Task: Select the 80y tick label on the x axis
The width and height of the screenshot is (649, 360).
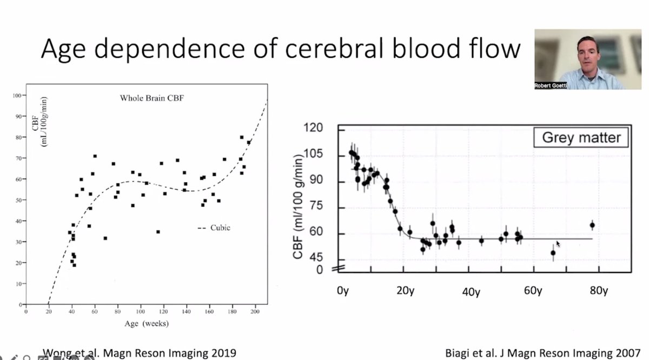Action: pyautogui.click(x=598, y=291)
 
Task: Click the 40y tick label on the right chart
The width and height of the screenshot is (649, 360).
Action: pyautogui.click(x=471, y=292)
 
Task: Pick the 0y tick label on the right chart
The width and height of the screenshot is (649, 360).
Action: pyautogui.click(x=343, y=291)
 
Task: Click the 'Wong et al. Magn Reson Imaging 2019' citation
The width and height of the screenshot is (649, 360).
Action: pyautogui.click(x=139, y=353)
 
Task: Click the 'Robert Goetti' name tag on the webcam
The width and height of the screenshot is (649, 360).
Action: pyautogui.click(x=551, y=85)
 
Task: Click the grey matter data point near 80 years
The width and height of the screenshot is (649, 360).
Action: pyautogui.click(x=592, y=225)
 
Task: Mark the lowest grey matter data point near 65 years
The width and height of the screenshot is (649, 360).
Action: pyautogui.click(x=553, y=252)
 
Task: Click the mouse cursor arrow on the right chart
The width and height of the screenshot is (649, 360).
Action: pyautogui.click(x=558, y=244)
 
